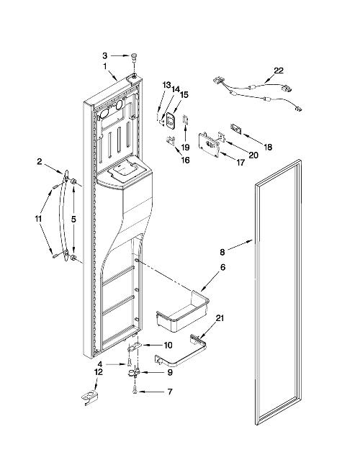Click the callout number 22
click(x=278, y=71)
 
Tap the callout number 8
click(x=222, y=253)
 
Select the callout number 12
click(x=99, y=372)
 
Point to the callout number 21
click(x=220, y=318)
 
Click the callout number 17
click(x=240, y=162)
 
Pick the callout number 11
click(x=38, y=219)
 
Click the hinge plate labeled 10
click(x=135, y=347)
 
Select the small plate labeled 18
click(x=235, y=130)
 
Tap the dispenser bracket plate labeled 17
click(x=210, y=145)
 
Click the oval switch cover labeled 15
click(x=171, y=121)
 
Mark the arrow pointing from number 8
click(x=240, y=246)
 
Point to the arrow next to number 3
click(x=121, y=55)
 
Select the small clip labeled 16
click(x=170, y=140)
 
